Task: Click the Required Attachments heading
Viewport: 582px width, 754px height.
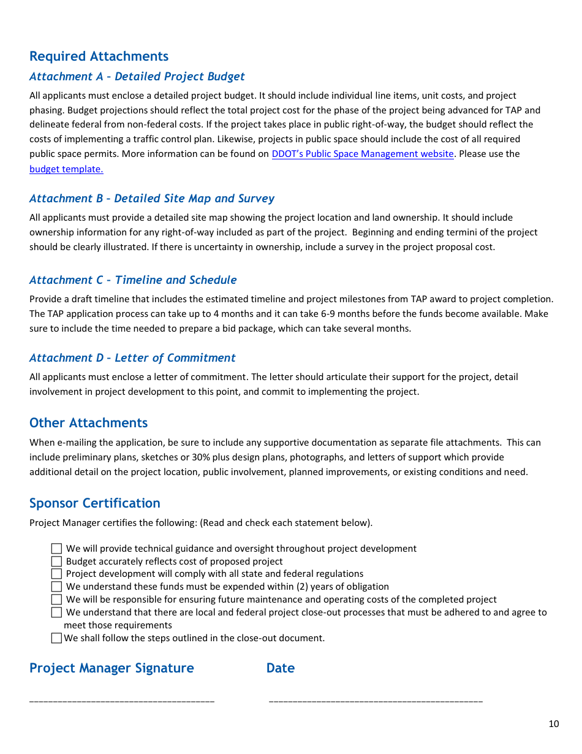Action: pos(99,56)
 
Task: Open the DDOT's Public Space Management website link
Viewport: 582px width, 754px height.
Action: pos(362,154)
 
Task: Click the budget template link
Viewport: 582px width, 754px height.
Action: pos(66,169)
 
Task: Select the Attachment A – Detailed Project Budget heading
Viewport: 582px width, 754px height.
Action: pos(137,77)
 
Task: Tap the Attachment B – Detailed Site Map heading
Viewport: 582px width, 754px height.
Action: pos(151,199)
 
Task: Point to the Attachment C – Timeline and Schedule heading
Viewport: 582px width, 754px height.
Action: pos(133,280)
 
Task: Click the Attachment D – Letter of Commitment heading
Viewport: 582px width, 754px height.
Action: pos(132,358)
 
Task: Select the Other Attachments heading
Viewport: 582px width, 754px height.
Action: pos(88,423)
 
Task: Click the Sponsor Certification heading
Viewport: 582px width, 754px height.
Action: pos(94,503)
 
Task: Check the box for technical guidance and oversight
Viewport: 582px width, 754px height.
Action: pos(56,549)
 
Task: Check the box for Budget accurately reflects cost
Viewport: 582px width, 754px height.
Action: pos(56,562)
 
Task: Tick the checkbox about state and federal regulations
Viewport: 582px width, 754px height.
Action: pos(56,574)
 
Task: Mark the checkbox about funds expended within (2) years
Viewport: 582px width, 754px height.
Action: pos(56,587)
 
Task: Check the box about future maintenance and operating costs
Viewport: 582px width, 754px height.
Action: pos(56,600)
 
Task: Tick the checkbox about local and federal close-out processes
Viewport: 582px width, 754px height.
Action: pos(56,612)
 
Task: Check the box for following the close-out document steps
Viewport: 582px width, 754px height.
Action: pos(56,638)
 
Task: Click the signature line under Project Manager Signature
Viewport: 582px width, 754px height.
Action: pos(122,700)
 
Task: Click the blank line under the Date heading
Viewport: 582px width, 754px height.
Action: pos(376,700)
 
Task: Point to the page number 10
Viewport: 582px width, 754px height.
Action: pos(553,724)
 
